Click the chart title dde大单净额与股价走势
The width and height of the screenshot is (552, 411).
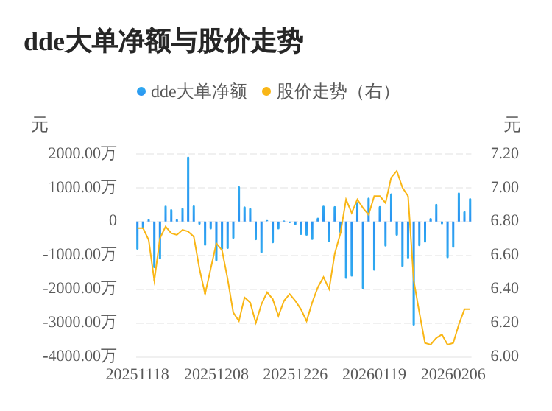tap(163, 41)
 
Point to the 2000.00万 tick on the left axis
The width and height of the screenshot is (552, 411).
tap(82, 153)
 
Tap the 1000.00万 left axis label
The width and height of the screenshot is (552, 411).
tap(82, 187)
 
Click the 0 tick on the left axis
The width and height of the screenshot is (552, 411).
tap(113, 221)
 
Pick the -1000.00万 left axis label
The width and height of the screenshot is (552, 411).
tap(79, 254)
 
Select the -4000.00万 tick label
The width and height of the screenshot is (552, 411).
tap(79, 356)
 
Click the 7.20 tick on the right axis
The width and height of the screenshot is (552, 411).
tap(504, 153)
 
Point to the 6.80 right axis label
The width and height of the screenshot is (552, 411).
tap(504, 221)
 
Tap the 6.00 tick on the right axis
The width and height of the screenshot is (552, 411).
tap(504, 356)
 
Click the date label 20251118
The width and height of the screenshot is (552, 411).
tap(137, 374)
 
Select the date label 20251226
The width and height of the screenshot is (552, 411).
tap(295, 374)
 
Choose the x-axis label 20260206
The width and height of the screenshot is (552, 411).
tap(453, 374)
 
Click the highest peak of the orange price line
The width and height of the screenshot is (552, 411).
tap(397, 172)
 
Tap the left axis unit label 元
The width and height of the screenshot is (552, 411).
tap(40, 125)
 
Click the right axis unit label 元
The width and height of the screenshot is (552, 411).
tap(512, 125)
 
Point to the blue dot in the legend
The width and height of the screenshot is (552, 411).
tap(141, 91)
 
